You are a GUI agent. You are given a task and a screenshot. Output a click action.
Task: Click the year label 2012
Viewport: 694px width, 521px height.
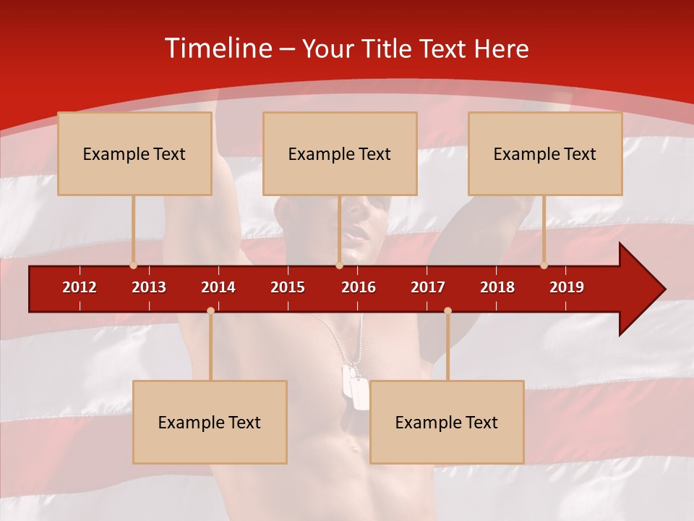pos(80,287)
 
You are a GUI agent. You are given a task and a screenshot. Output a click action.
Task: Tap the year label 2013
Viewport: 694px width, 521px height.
pos(149,287)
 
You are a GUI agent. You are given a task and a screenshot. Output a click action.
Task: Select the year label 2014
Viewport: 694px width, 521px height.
pos(218,287)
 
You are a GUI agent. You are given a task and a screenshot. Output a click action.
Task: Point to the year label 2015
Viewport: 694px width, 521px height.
pos(288,287)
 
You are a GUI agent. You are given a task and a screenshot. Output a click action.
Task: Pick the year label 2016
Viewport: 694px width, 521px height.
pos(359,287)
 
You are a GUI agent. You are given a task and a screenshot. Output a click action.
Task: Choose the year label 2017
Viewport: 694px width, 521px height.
pos(428,287)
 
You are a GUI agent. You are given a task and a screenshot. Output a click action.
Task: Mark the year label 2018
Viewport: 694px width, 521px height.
pos(497,287)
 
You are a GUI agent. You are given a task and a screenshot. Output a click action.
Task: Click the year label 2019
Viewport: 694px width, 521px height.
pos(567,287)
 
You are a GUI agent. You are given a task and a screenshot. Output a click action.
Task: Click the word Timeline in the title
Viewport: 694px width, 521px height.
pos(218,48)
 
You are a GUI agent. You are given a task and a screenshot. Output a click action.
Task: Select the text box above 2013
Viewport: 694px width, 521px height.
pos(134,153)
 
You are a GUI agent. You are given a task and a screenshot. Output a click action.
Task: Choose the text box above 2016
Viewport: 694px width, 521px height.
pos(340,153)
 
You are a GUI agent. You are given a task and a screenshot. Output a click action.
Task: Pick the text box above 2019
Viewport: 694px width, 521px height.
pos(545,153)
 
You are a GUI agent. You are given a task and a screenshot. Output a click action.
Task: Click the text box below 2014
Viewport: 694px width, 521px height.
pos(210,422)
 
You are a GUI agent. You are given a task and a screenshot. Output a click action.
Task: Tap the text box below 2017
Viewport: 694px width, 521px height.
pos(447,422)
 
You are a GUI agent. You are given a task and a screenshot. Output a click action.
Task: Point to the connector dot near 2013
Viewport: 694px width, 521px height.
pos(133,266)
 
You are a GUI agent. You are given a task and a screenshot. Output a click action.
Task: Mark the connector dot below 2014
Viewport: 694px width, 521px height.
pos(210,311)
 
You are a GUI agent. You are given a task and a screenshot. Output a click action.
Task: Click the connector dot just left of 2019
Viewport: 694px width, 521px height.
pos(544,266)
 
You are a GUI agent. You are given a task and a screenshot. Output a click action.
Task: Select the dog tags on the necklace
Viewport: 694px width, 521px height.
pos(356,386)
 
